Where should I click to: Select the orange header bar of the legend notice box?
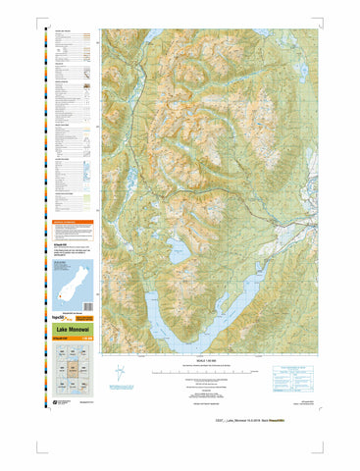pyautogui.click(x=71, y=223)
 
